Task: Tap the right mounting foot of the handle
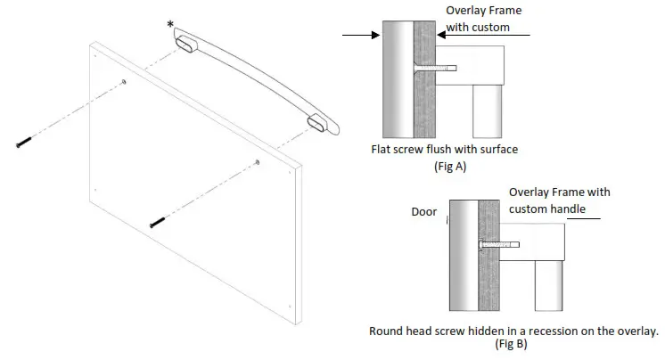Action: tap(319, 123)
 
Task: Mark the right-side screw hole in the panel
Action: tap(257, 162)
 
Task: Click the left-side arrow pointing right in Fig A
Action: tap(361, 36)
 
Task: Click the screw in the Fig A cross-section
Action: tap(437, 67)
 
